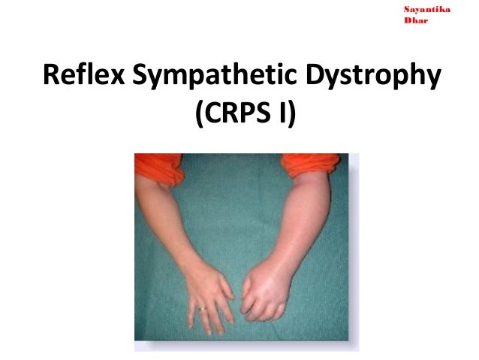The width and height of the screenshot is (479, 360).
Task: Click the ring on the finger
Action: [202, 307]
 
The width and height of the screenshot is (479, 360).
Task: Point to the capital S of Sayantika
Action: [407, 9]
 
